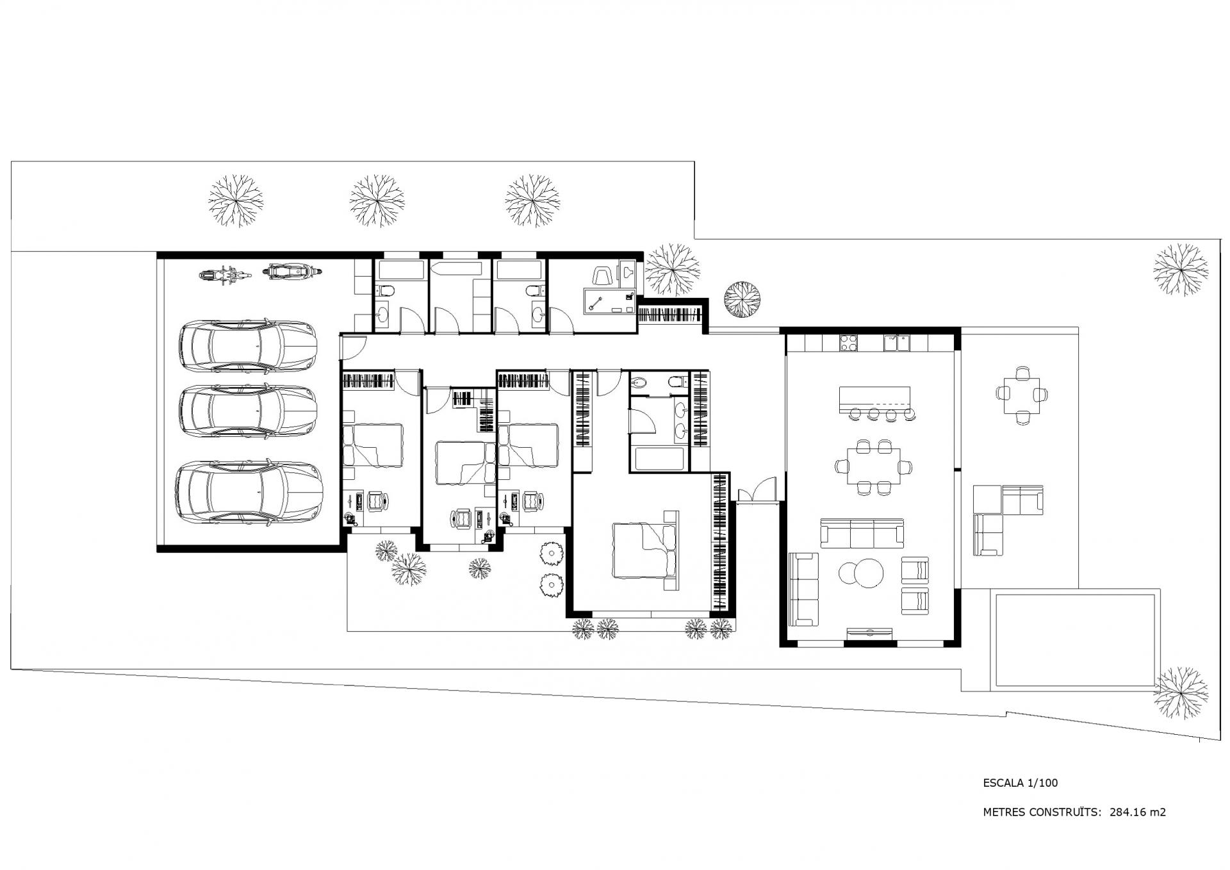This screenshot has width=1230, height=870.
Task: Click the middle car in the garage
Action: point(249,411)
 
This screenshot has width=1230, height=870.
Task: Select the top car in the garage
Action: point(248,346)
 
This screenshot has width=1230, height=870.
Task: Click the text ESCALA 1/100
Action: point(1021,782)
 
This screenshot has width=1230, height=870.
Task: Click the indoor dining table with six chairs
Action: point(874,467)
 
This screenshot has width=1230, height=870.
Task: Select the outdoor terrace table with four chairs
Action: point(1022,395)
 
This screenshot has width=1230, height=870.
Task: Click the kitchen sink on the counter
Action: point(897,343)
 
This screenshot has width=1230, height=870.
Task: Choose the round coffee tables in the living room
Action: point(862,572)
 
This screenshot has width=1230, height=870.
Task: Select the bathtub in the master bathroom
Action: point(659,459)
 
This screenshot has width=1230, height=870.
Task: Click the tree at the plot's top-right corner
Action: point(1181,270)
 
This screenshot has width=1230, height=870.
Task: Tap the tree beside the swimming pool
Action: point(1181,694)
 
